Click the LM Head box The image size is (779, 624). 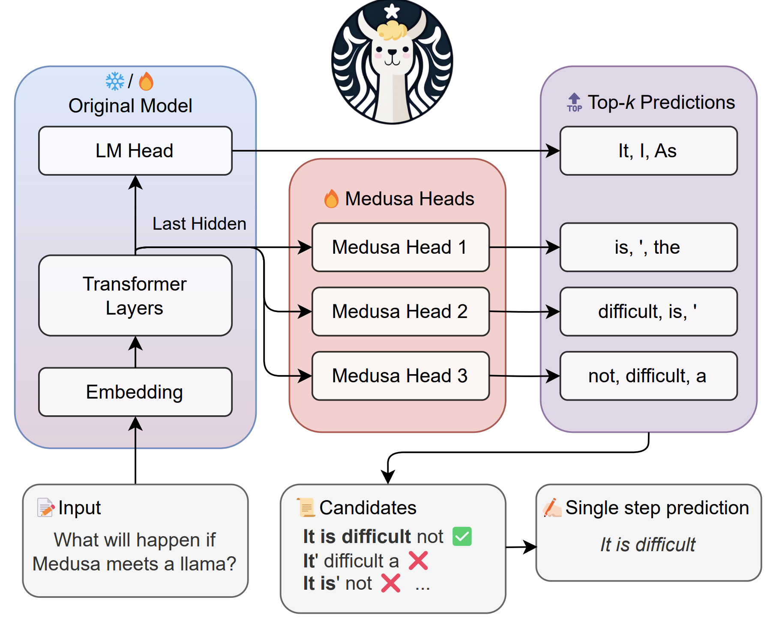tap(135, 151)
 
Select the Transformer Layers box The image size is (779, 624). tap(135, 296)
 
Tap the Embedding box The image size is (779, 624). tap(135, 392)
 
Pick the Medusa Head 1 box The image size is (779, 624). tap(401, 247)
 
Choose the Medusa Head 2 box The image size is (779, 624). tap(401, 312)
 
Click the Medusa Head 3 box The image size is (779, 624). tap(401, 376)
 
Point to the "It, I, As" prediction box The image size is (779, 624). tap(649, 151)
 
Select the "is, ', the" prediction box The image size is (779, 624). tap(649, 247)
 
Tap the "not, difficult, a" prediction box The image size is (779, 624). tap(649, 376)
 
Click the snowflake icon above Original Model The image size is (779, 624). tap(115, 81)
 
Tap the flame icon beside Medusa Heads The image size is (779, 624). tap(331, 198)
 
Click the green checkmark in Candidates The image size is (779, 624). tap(462, 537)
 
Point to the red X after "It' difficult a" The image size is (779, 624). tap(418, 561)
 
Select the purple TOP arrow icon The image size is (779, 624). tap(575, 103)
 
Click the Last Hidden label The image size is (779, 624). tap(199, 224)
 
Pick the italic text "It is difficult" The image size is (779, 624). tap(647, 545)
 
